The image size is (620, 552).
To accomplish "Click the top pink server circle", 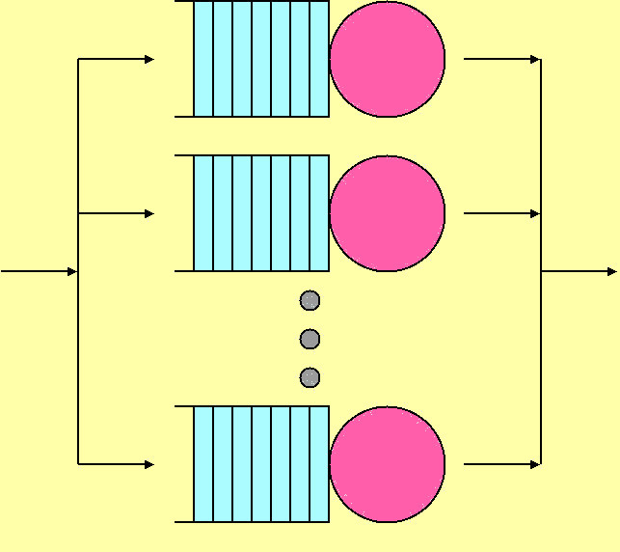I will [x=387, y=59].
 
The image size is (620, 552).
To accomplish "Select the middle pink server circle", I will [x=387, y=213].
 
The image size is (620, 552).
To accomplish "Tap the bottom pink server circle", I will [x=387, y=464].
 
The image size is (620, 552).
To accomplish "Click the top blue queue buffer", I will [x=260, y=59].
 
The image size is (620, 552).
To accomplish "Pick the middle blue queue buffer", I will [x=260, y=213].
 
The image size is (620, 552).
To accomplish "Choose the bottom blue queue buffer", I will [x=260, y=464].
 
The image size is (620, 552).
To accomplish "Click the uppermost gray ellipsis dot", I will [x=310, y=300].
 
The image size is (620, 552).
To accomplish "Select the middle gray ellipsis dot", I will [x=310, y=339].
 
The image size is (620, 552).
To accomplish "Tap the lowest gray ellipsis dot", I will [x=310, y=377].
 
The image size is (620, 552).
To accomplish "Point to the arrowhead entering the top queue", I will [x=149, y=59].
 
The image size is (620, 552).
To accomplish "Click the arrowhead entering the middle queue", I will [x=149, y=213].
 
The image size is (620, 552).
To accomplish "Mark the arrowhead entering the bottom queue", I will [x=149, y=464].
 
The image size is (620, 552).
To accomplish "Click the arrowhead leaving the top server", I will [x=535, y=59].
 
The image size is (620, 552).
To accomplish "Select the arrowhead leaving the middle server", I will [x=535, y=213].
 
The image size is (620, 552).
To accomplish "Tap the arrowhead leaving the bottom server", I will [x=535, y=464].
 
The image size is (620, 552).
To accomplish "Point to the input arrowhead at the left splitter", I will [x=72, y=271].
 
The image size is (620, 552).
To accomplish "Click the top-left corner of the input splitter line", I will [x=78, y=59].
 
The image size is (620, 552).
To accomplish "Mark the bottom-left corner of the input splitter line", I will [x=78, y=464].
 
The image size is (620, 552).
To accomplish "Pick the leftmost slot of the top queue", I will [x=203, y=59].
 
